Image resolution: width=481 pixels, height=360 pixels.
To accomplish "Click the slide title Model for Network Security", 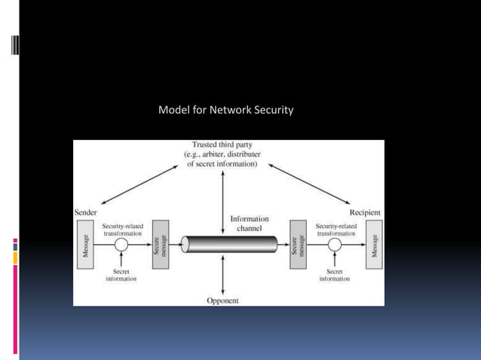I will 225,110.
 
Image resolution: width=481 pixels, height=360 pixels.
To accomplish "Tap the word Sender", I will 85,213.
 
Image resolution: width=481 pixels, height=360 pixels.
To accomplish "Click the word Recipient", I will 365,213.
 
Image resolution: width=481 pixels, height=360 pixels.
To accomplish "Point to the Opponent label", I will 222,300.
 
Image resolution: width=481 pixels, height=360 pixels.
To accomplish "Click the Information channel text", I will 250,224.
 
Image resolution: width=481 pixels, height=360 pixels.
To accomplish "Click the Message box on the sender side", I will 85,246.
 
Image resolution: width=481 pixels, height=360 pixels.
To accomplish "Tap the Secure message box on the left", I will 159,246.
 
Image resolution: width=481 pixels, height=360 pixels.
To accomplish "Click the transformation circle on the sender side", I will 121,246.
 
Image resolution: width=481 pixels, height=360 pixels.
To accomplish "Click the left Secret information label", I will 120,275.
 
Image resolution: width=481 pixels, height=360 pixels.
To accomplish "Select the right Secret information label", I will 335,275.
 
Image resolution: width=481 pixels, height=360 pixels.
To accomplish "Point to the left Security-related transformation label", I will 121,229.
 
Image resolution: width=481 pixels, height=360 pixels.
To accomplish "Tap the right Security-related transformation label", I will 336,229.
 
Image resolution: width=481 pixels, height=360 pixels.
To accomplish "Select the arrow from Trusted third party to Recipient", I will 309,183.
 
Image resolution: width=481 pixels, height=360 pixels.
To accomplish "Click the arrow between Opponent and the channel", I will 223,275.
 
